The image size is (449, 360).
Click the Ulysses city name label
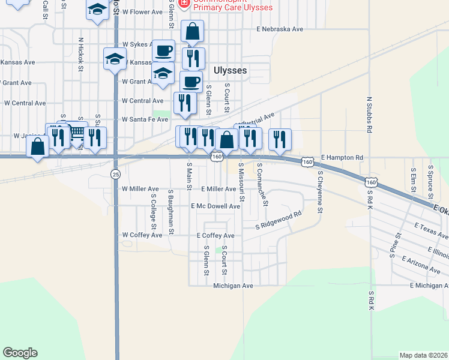230,71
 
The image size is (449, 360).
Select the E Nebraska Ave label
280,29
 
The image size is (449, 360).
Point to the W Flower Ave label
142,12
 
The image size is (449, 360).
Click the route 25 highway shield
115,174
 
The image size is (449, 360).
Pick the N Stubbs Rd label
370,114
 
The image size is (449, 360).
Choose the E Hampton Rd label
342,158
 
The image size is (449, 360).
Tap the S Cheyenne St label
321,192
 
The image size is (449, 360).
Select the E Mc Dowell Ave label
215,206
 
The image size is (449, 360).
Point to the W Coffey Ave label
142,235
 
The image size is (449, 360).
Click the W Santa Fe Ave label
145,119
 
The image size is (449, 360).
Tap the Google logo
20,353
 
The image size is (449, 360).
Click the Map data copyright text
423,355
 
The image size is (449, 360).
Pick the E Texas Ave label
431,230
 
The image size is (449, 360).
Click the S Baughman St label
171,213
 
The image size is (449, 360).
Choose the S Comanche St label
262,183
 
